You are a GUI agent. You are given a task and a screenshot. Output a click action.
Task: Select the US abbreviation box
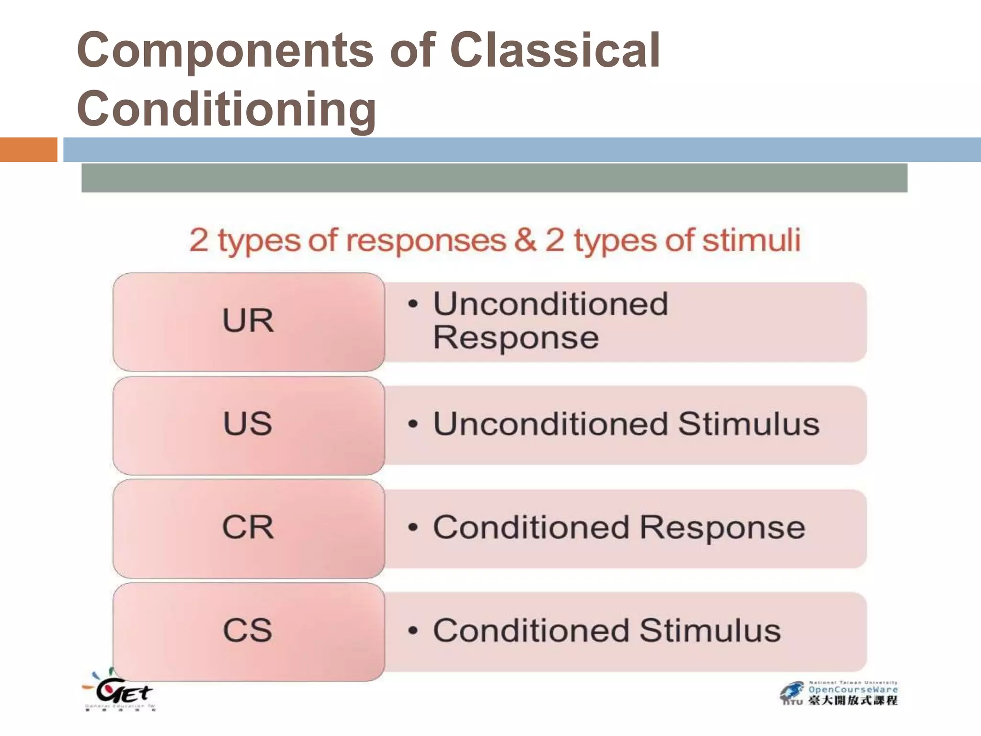(248, 425)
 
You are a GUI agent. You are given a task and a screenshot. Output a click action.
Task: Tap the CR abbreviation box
(248, 528)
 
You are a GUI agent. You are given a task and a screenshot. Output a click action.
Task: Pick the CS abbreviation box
(248, 631)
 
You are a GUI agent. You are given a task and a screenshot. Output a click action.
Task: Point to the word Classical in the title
(556, 50)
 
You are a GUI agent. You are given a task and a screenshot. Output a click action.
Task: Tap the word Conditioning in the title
(227, 109)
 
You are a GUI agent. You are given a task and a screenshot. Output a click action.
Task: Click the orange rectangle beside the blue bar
(28, 149)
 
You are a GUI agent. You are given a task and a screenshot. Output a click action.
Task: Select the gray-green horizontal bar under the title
(494, 178)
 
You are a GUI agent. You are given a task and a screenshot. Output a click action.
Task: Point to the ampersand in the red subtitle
(525, 241)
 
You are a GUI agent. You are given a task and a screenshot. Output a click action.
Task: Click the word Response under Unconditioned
(516, 338)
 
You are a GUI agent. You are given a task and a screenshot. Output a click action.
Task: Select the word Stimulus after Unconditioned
(749, 425)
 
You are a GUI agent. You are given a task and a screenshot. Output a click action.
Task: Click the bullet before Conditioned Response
(413, 528)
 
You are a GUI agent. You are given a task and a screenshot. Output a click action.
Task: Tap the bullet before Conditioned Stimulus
(413, 631)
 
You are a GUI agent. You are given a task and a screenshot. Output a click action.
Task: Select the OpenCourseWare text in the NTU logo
(853, 690)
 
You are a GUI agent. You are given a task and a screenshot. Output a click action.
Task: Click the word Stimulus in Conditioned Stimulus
(710, 631)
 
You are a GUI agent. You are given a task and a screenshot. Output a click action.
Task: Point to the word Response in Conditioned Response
(722, 528)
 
